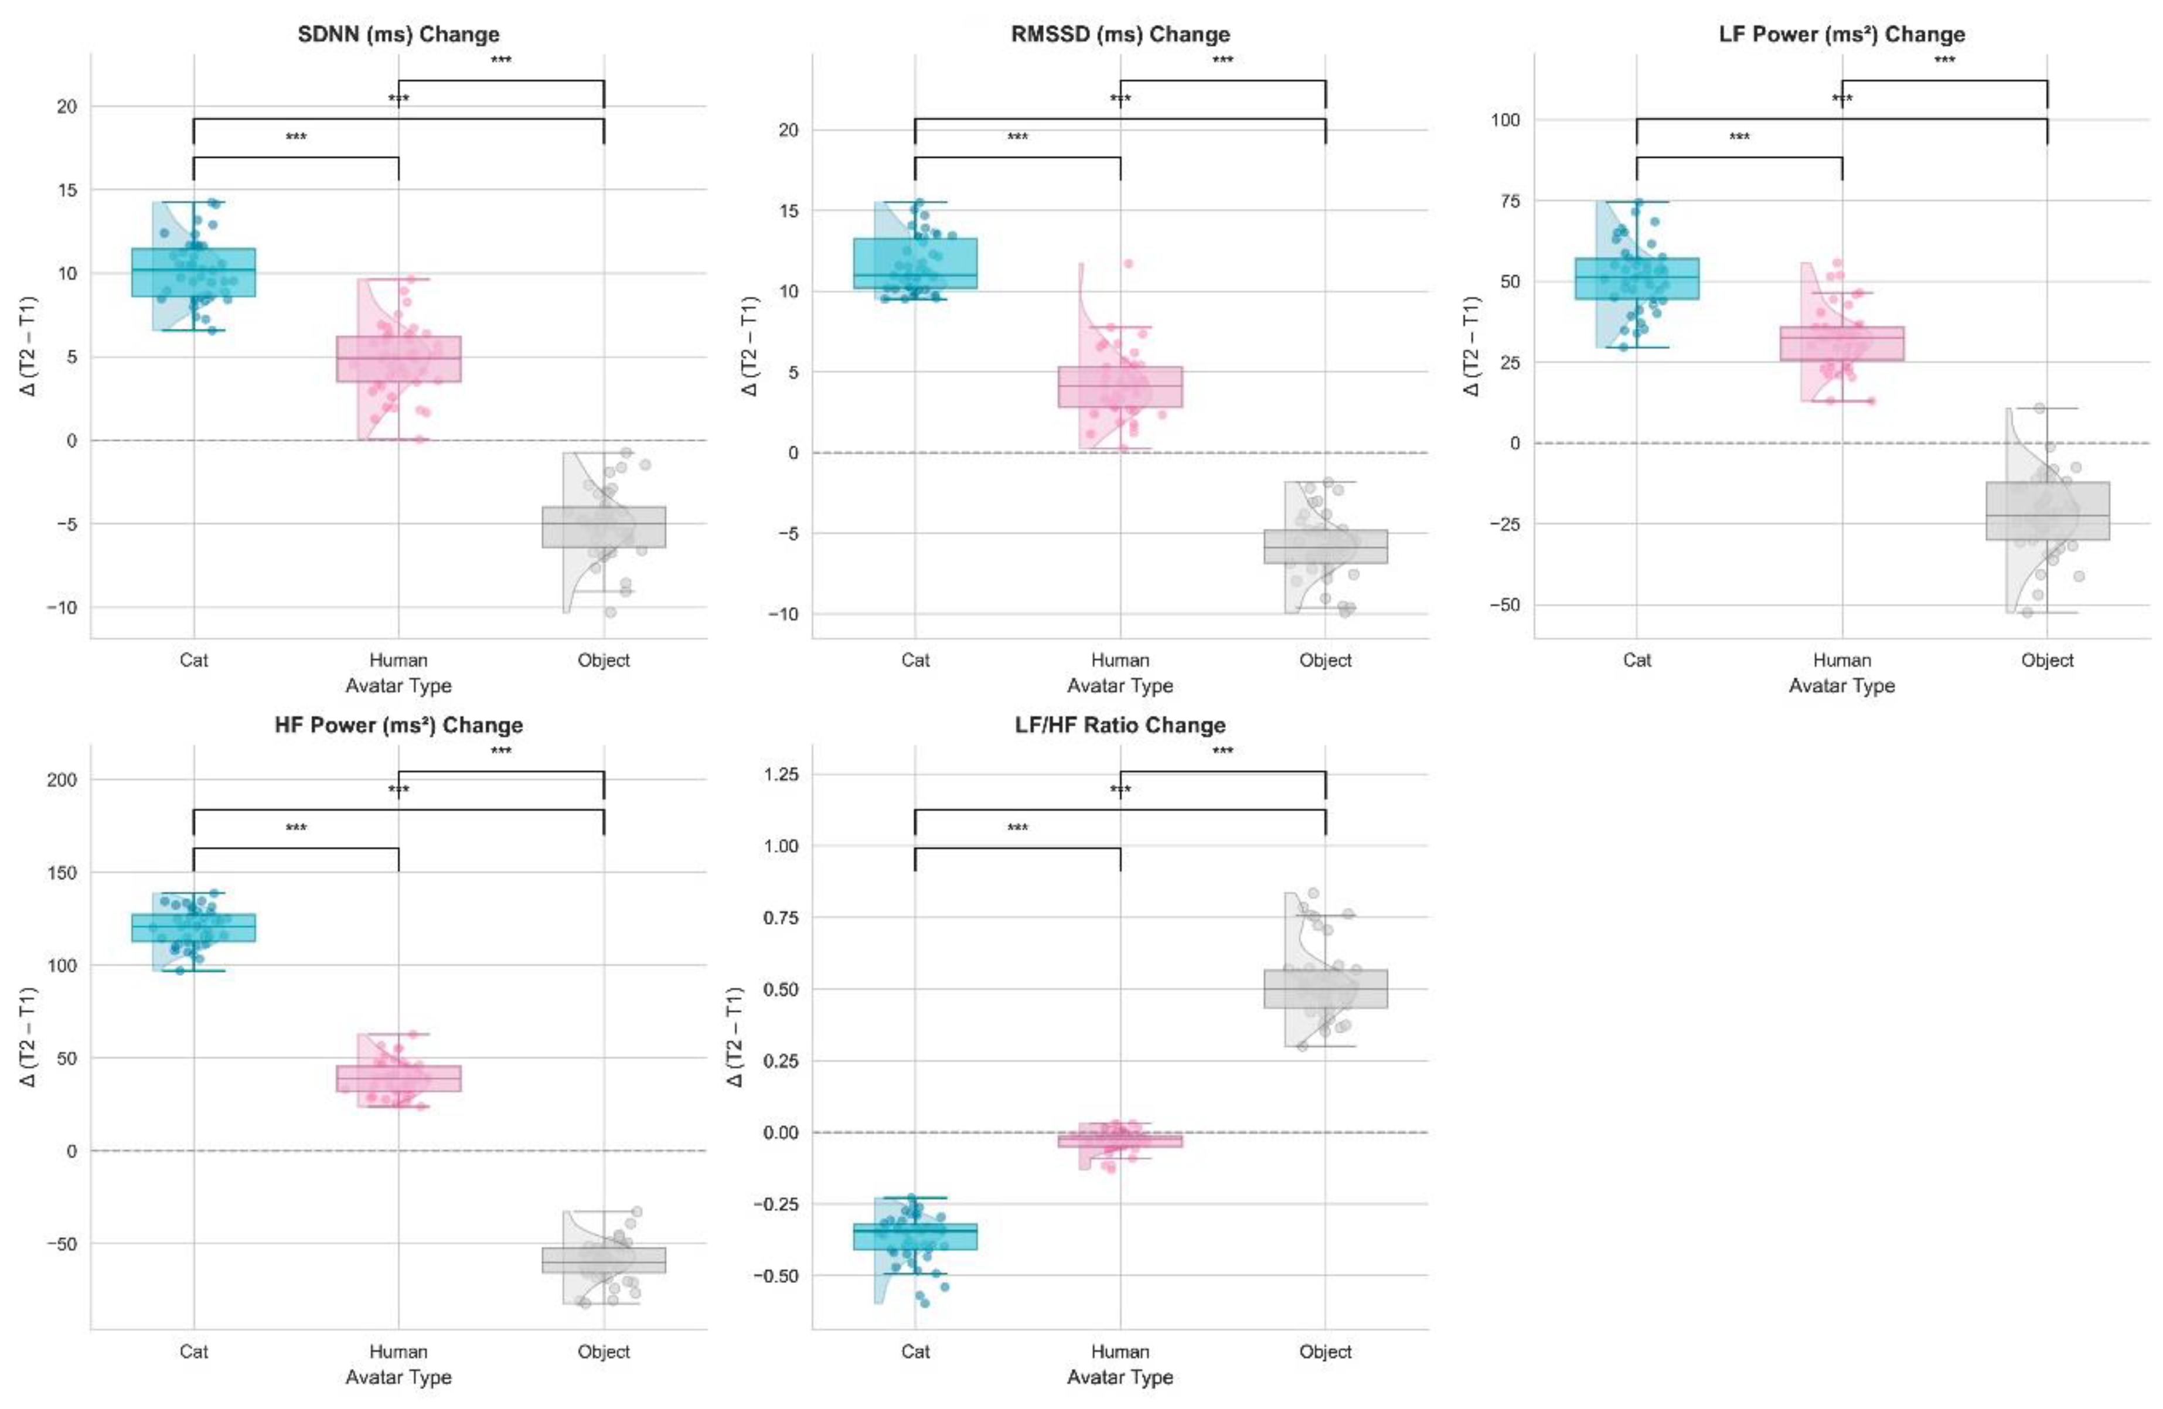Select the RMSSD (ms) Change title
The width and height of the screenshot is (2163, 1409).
click(1120, 35)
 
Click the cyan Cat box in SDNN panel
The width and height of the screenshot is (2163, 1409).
click(193, 272)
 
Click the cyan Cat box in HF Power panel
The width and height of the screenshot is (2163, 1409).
click(193, 927)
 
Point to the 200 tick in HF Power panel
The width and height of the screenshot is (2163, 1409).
click(62, 780)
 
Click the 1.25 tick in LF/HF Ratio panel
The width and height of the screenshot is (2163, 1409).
click(781, 774)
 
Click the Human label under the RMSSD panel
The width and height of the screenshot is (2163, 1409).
click(1120, 660)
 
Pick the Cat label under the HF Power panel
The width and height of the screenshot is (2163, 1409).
click(193, 1352)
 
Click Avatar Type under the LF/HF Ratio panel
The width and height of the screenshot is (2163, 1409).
click(1120, 1377)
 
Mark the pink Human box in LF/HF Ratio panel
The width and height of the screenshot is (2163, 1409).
click(1120, 1140)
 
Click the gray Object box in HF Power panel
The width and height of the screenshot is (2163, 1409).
click(604, 1260)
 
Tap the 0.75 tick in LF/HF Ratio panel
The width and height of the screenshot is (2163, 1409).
click(781, 918)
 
